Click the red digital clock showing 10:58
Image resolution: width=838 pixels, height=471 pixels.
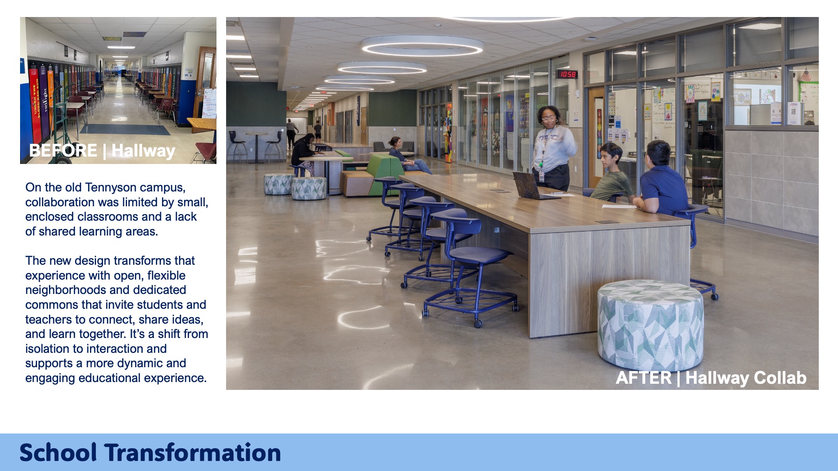[x=567, y=74]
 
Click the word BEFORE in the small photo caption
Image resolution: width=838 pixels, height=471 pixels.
[x=63, y=150]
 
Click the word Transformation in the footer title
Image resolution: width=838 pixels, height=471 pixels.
[x=192, y=452]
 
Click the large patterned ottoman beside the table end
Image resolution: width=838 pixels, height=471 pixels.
[x=650, y=325]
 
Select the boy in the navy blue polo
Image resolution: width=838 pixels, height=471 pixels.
[x=661, y=179]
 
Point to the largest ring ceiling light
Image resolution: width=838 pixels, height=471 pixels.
[x=422, y=46]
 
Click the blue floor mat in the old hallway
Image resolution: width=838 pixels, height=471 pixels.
[x=125, y=130]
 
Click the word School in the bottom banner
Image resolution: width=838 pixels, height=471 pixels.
[x=58, y=452]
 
